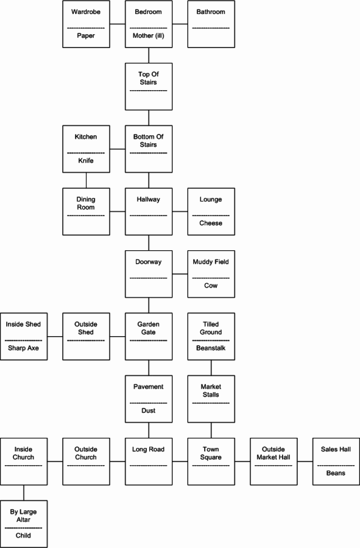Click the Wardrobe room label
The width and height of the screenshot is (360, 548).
point(86,12)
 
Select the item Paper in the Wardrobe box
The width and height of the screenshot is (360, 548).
point(86,36)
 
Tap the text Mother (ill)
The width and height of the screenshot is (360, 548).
point(149,36)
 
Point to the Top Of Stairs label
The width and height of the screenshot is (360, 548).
point(149,79)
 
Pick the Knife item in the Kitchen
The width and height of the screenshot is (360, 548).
point(86,161)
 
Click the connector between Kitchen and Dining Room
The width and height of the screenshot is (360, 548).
point(86,180)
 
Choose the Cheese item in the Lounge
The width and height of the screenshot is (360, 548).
point(211,223)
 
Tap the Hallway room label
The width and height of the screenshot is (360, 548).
point(149,200)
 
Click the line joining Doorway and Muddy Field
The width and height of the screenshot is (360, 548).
point(180,274)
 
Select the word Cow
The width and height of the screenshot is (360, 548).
point(211,286)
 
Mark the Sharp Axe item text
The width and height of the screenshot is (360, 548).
point(23,348)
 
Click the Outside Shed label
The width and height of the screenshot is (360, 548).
point(86,329)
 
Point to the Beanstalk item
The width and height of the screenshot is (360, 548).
point(211,348)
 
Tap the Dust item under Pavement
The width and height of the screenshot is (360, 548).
point(149,410)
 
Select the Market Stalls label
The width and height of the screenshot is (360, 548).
point(211,391)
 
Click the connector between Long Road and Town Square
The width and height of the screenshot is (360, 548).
point(180,462)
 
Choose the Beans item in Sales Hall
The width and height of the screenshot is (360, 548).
point(336,473)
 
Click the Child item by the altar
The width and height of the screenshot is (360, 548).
point(23,536)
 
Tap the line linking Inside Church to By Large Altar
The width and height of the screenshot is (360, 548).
point(24,493)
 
